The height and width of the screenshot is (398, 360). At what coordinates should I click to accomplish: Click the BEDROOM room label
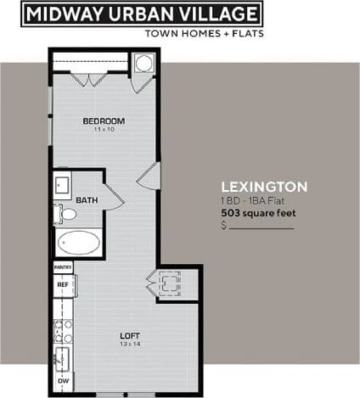103,121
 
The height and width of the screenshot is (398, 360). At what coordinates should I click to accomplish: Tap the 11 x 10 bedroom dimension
103,130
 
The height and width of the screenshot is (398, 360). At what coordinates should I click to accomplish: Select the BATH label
87,200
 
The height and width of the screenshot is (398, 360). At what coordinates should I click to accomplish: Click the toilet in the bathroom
66,212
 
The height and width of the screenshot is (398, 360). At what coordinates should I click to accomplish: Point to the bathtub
78,243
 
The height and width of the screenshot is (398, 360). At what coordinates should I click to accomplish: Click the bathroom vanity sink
62,184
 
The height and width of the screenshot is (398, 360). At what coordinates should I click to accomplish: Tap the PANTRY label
62,267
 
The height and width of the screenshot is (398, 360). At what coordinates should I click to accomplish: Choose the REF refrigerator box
62,285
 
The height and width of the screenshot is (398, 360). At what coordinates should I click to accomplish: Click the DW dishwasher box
62,381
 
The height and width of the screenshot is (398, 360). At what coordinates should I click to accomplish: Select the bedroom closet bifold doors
89,79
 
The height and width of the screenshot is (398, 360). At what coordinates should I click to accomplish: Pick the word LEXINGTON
264,187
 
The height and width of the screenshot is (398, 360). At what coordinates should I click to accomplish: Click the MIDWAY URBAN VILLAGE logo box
140,14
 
